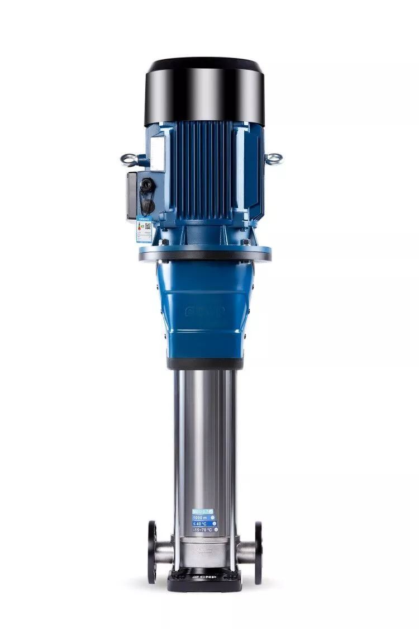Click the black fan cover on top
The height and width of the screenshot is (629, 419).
[205, 89]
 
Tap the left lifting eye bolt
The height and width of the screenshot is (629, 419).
[129, 160]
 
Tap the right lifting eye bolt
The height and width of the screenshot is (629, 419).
[273, 159]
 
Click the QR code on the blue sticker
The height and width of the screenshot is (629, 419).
[148, 226]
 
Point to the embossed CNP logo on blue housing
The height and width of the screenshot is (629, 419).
[204, 310]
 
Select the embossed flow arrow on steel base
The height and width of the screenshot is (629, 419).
[204, 550]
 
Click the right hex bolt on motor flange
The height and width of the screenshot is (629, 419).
[245, 242]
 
